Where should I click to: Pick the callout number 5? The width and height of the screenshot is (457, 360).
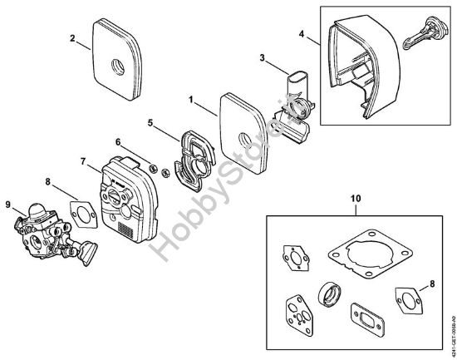(150, 122)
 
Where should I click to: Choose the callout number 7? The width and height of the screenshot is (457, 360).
(82, 160)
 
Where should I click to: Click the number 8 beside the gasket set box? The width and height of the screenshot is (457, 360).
(430, 284)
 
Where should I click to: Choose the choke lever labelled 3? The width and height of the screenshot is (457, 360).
(297, 91)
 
